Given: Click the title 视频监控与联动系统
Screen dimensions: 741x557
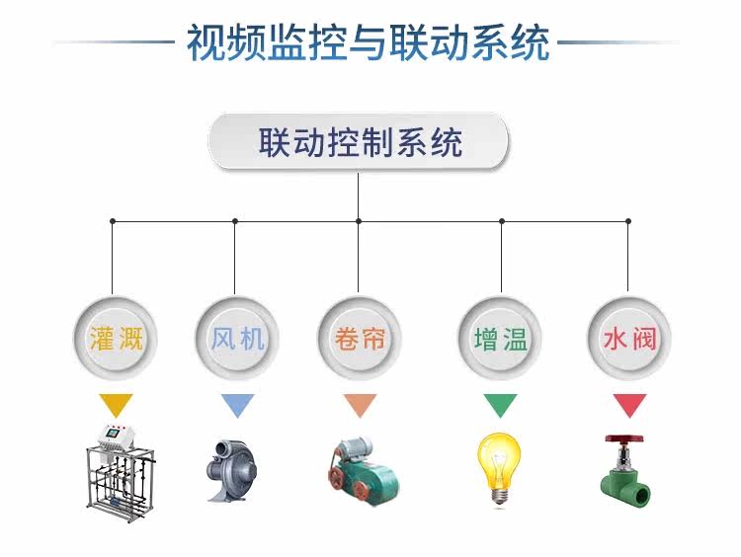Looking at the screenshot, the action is click(369, 42).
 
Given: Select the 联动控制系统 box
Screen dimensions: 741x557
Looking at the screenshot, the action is click(359, 142).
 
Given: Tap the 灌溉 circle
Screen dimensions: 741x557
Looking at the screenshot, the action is click(116, 339).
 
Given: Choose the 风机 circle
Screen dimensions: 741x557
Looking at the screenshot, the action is click(237, 339).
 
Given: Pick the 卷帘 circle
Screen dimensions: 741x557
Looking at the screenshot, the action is click(360, 339).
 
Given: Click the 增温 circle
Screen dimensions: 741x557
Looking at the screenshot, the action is click(500, 339).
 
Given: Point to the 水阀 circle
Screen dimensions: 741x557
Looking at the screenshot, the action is click(629, 339).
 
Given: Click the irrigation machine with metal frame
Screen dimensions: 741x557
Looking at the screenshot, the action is click(121, 472).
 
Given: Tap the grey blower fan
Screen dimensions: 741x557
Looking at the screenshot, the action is click(231, 470).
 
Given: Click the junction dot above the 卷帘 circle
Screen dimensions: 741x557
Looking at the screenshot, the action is click(359, 221).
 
